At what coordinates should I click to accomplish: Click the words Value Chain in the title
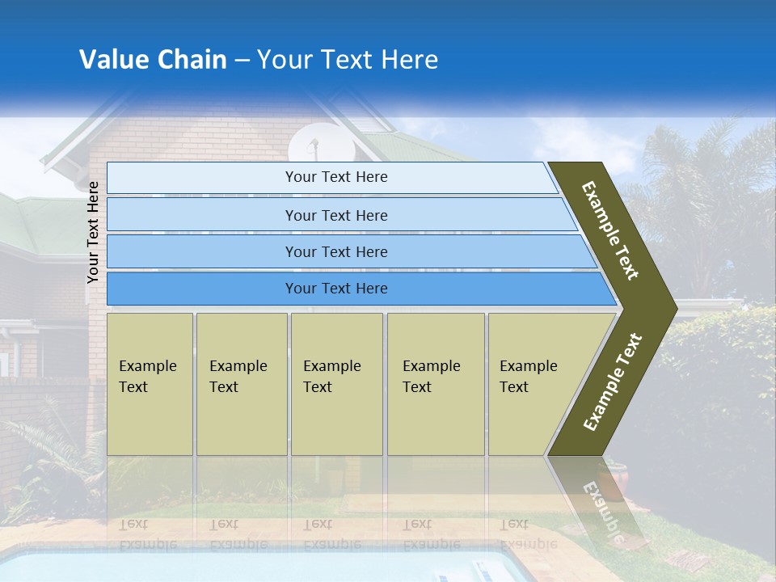[153, 60]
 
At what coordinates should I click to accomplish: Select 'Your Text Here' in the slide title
[348, 60]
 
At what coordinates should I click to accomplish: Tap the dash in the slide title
[242, 61]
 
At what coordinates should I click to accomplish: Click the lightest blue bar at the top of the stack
[335, 177]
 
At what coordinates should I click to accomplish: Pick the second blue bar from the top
[335, 215]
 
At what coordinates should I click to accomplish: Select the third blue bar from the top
[335, 251]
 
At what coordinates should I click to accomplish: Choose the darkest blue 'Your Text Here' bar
[335, 289]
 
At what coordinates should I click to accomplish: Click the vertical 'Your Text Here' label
[93, 232]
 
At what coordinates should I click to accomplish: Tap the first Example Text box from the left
[150, 383]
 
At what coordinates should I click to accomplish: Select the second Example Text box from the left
[241, 383]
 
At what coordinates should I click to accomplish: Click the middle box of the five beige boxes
[336, 383]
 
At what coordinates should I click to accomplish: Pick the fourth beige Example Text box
[435, 383]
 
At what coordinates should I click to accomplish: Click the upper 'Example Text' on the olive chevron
[611, 230]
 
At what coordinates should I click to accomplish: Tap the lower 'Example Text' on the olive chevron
[613, 382]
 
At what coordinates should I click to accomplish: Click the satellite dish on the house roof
[310, 145]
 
